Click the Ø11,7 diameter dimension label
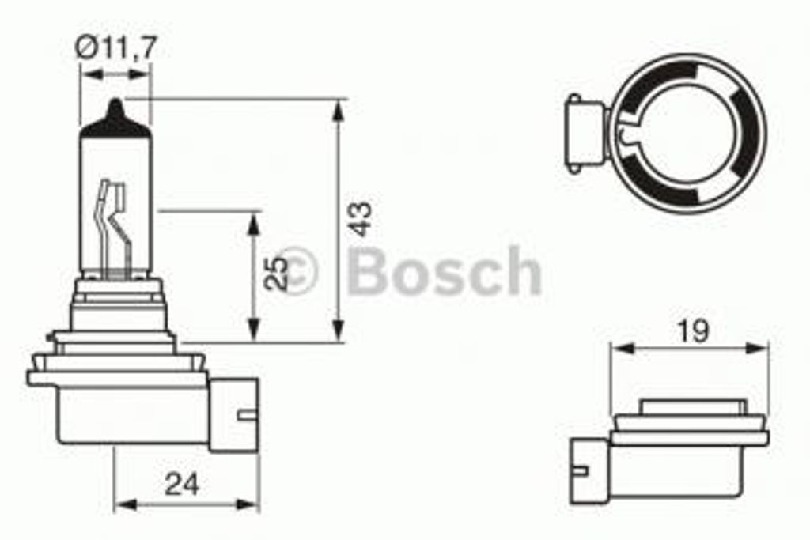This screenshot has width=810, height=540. [x=115, y=48]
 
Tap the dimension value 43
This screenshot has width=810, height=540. [x=360, y=219]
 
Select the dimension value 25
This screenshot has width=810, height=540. [x=275, y=273]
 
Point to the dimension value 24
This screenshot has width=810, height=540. [x=182, y=485]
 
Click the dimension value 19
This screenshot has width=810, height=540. [x=694, y=331]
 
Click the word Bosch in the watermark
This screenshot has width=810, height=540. [x=445, y=270]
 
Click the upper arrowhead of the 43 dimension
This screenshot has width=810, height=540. [x=338, y=111]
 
